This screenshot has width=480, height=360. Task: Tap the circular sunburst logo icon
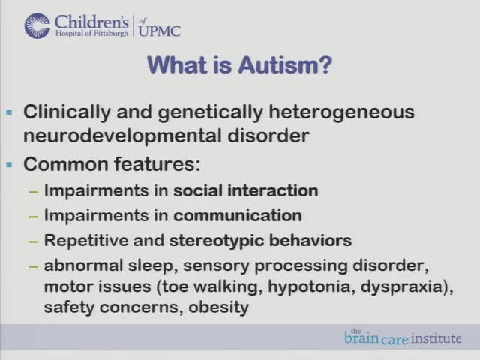(x=37, y=25)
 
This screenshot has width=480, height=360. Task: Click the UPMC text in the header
(x=158, y=30)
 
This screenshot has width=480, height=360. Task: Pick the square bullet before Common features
(x=10, y=164)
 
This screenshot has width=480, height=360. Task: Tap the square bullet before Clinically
(x=10, y=112)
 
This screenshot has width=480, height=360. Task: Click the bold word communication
(x=238, y=216)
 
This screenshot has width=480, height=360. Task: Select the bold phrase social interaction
(x=246, y=190)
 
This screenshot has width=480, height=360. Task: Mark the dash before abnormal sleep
(x=33, y=265)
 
